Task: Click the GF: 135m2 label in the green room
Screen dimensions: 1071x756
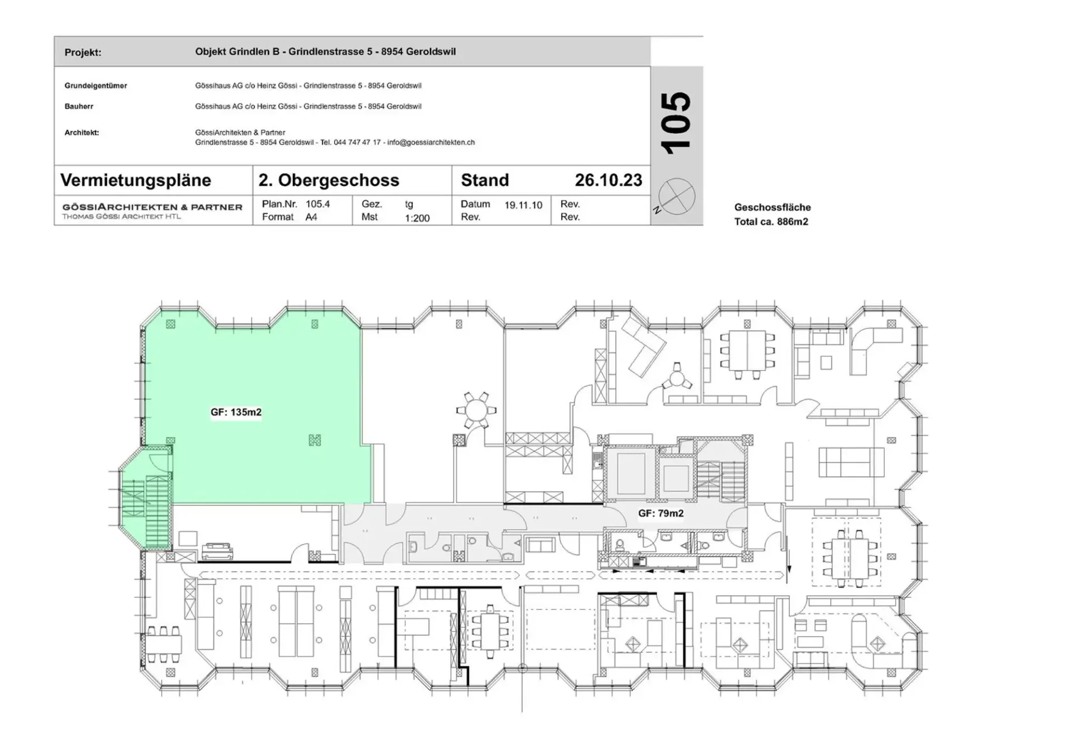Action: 236,413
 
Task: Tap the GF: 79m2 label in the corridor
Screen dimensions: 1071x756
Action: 661,513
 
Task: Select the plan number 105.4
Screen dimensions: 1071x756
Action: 318,204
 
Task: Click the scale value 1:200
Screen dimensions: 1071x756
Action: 417,218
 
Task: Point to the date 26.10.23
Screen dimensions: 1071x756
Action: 609,180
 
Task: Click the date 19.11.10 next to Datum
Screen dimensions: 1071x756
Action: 523,205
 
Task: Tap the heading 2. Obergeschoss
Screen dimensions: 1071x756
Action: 329,180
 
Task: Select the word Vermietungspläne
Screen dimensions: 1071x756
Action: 136,180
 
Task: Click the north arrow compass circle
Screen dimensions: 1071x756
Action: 677,196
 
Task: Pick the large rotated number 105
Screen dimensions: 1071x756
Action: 676,123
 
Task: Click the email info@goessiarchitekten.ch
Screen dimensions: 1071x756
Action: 431,143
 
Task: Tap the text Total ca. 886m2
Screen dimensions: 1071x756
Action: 771,222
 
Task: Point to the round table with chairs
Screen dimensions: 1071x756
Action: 476,411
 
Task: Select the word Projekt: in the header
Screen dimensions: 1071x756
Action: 83,52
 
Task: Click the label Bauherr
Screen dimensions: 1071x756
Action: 79,106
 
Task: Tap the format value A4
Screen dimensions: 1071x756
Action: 311,217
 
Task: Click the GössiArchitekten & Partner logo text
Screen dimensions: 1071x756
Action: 152,207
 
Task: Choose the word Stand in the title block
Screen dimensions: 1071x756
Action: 485,180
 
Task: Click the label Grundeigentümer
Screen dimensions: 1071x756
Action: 96,86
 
